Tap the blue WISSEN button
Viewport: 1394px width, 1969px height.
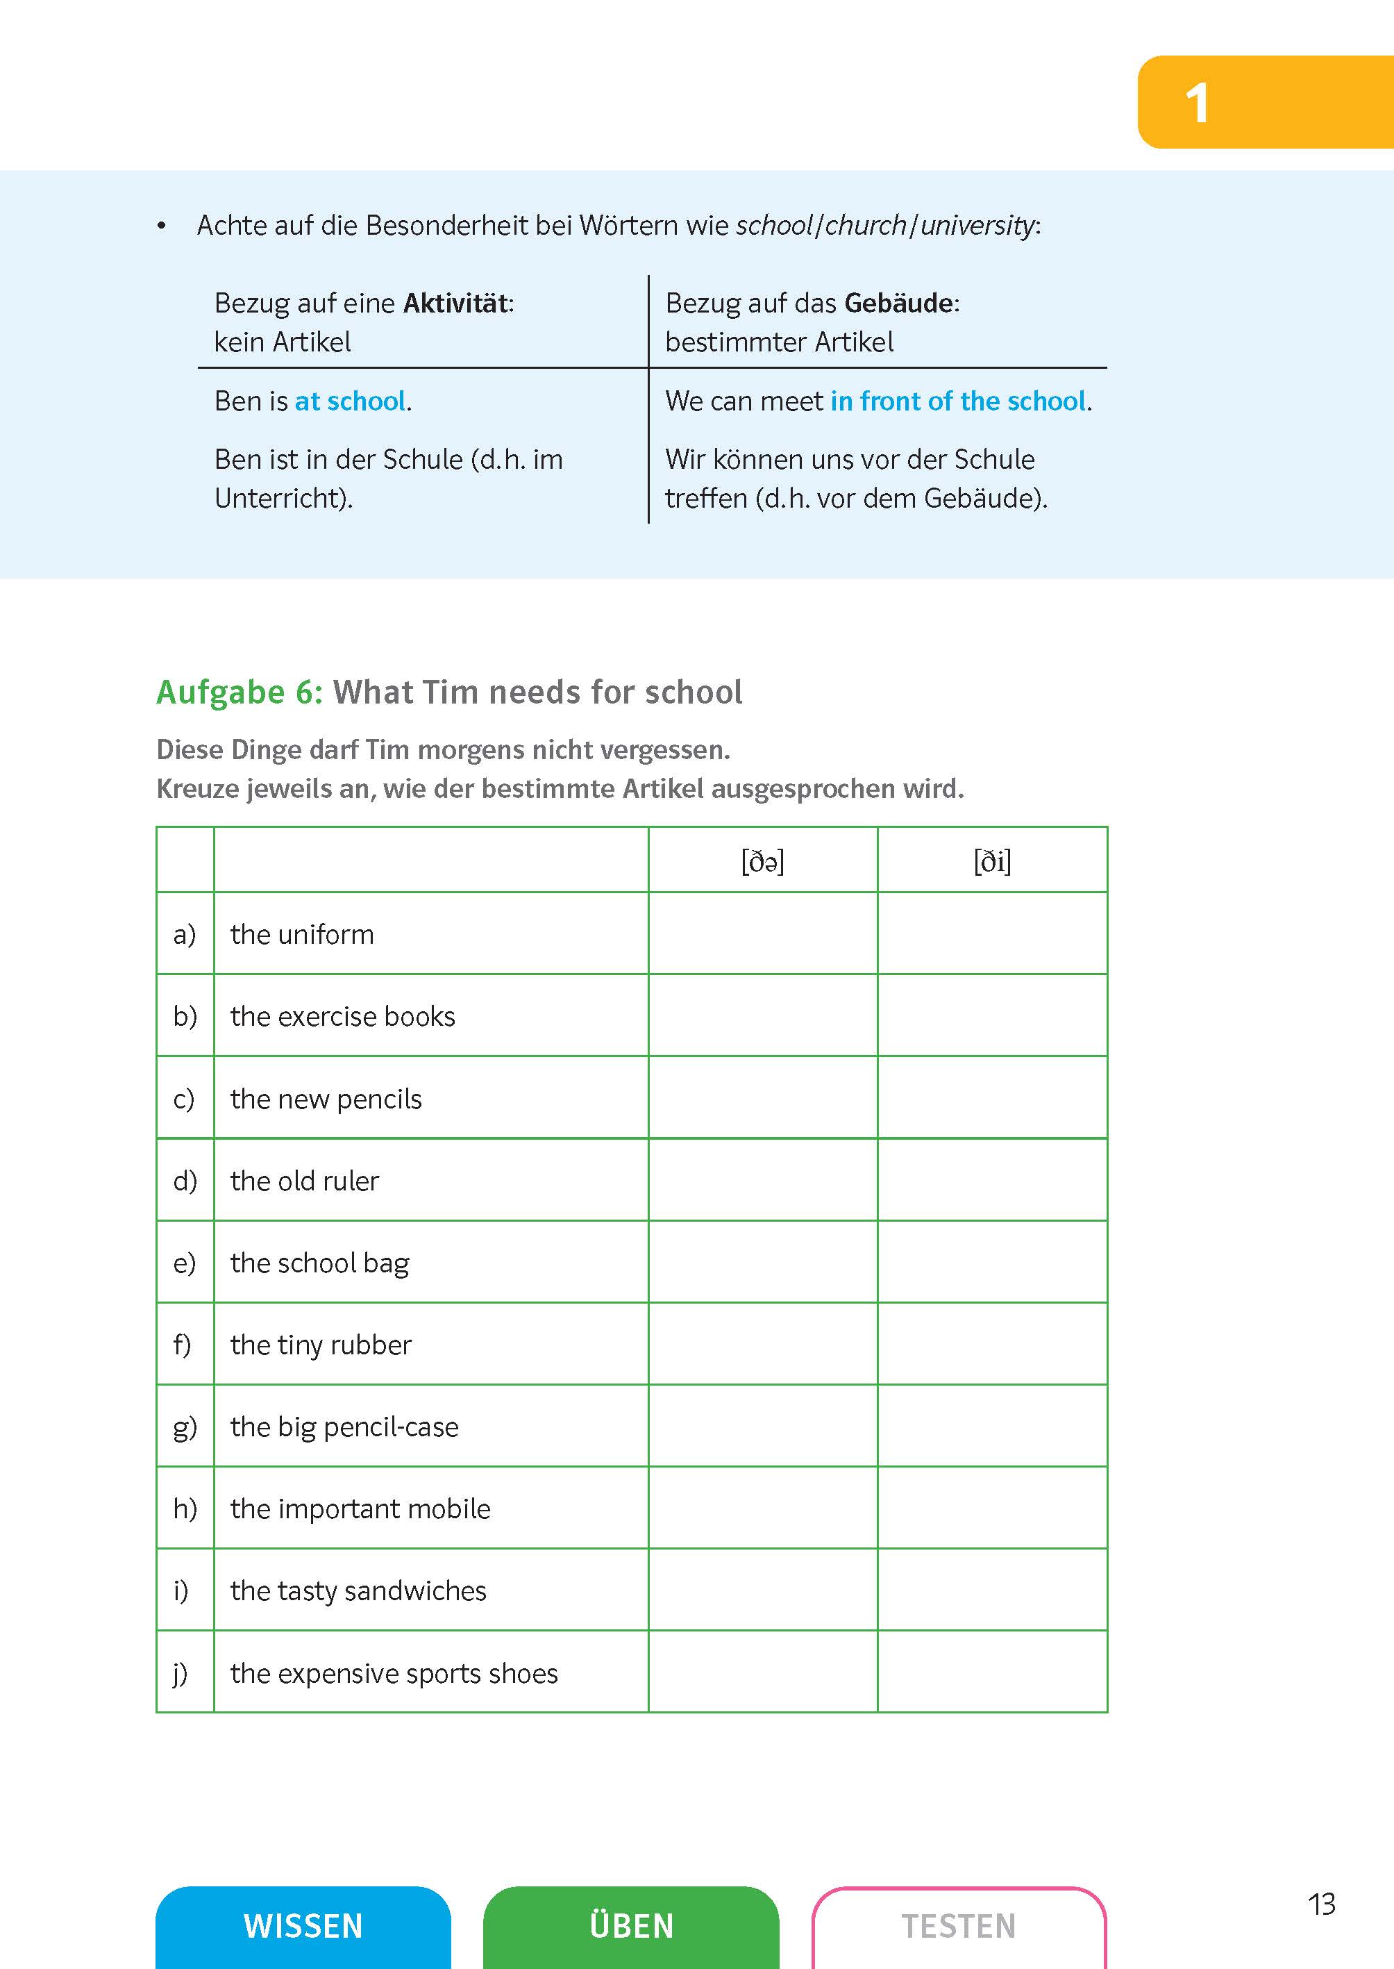[303, 1925]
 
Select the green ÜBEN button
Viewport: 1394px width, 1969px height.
[631, 1925]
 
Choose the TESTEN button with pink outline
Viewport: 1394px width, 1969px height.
[958, 1925]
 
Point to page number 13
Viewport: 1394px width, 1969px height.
[1321, 1904]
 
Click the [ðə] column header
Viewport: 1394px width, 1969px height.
[762, 861]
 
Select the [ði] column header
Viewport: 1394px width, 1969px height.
[991, 861]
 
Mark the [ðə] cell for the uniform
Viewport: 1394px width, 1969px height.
[762, 933]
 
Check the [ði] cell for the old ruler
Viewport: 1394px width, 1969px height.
[991, 1180]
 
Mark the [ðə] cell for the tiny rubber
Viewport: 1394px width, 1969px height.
[762, 1344]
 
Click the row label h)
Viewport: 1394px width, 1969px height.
[185, 1508]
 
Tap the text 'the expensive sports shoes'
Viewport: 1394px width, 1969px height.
[394, 1672]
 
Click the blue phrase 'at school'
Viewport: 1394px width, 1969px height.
[350, 401]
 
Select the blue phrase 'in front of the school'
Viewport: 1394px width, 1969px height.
[958, 401]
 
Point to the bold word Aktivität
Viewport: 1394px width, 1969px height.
[456, 303]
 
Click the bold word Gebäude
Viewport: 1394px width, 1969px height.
[899, 303]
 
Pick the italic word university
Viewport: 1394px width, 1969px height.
[977, 226]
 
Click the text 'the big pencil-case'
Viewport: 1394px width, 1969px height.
[344, 1427]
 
